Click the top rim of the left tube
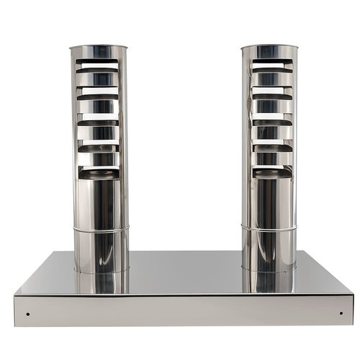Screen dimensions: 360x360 pyautogui.click(x=99, y=48)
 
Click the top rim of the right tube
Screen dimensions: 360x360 pyautogui.click(x=269, y=48)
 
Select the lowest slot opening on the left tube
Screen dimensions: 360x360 pyautogui.click(x=99, y=171)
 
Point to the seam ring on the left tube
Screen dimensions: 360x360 pyautogui.click(x=100, y=230)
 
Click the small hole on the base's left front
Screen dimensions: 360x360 pyautogui.click(x=27, y=313)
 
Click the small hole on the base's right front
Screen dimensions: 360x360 pyautogui.click(x=341, y=313)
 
